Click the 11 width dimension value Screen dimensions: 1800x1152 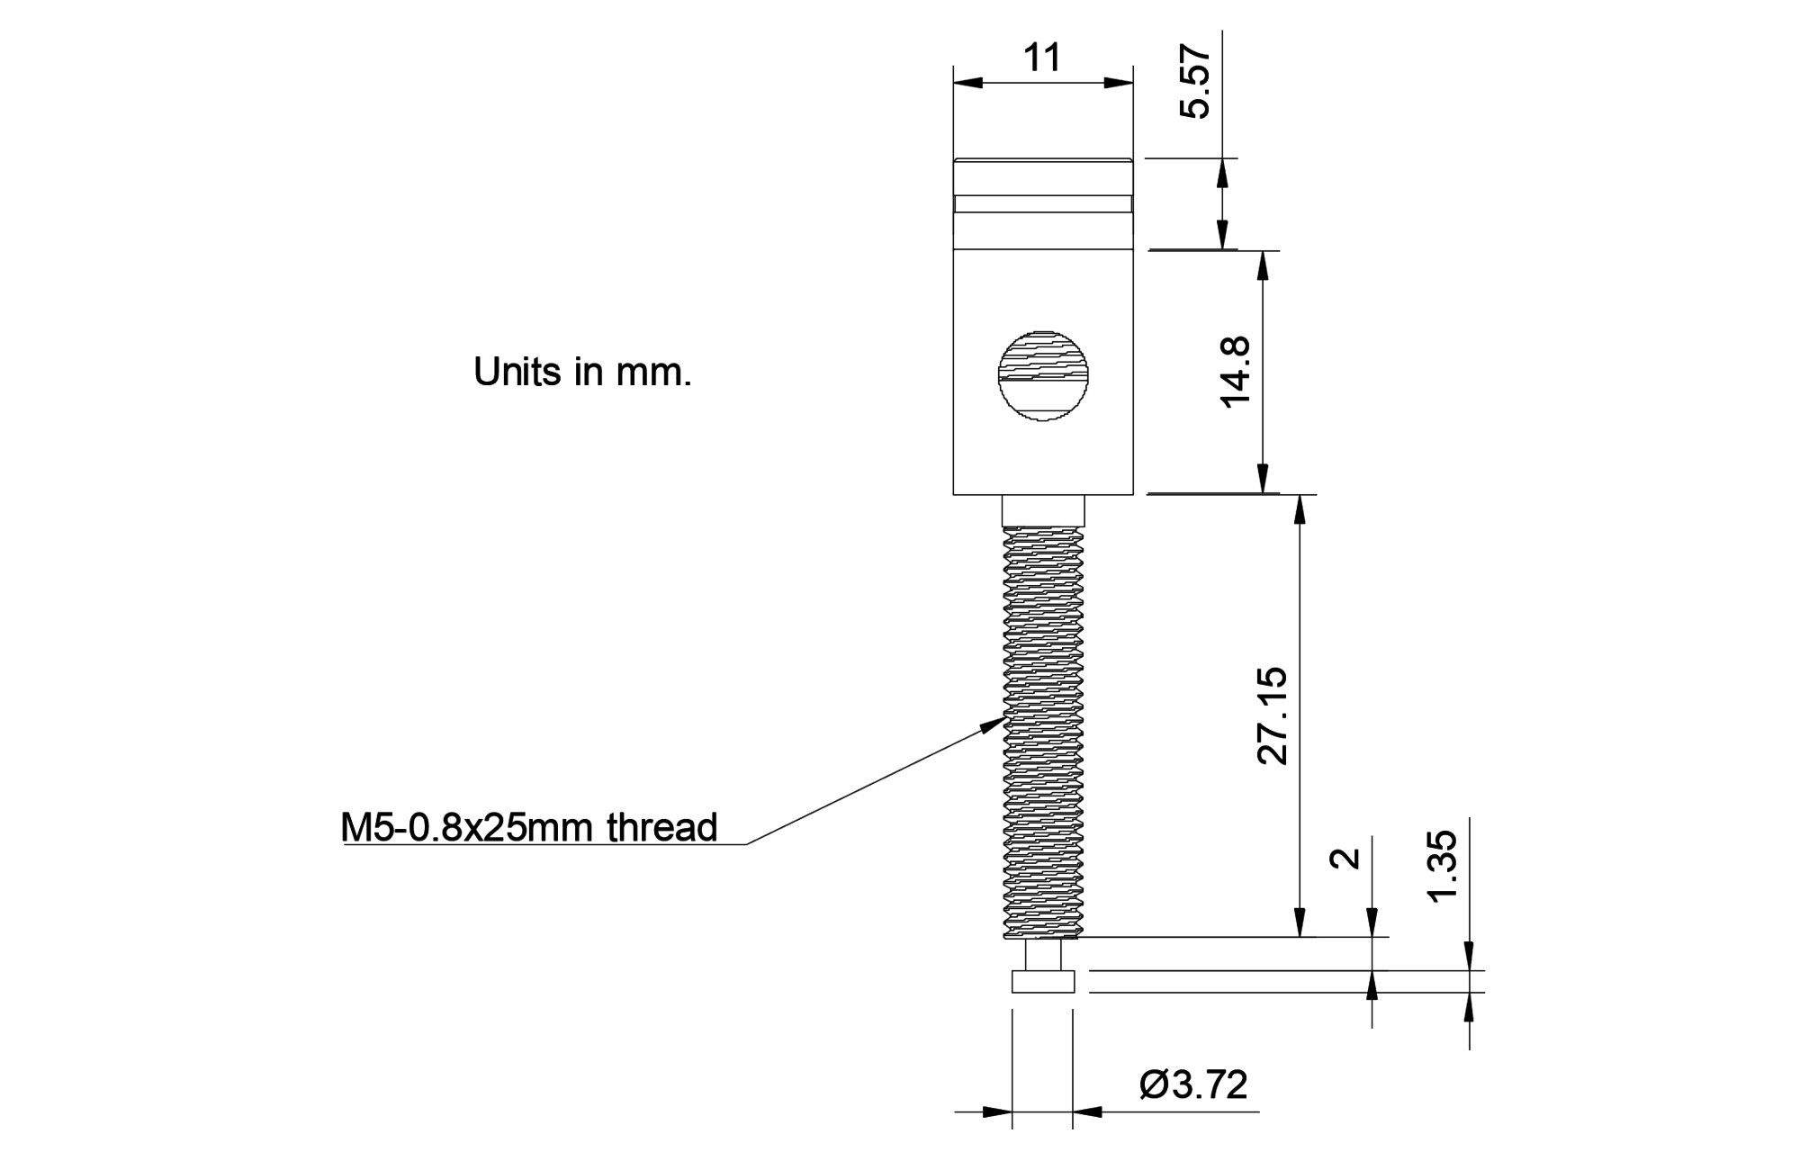point(1042,58)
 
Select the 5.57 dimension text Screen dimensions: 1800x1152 point(1196,82)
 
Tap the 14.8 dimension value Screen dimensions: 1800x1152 point(1235,371)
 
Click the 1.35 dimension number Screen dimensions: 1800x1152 point(1442,867)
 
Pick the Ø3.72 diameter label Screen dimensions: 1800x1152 point(1193,1085)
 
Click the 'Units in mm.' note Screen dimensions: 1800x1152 point(582,372)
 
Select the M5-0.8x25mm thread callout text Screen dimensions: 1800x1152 point(529,827)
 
